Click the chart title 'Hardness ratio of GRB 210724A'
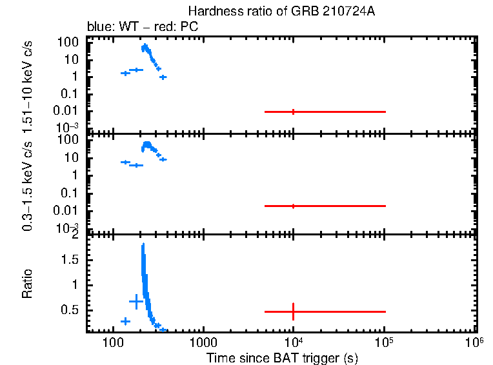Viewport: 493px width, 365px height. tap(282, 12)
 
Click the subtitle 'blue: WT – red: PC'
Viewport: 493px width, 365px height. tap(143, 27)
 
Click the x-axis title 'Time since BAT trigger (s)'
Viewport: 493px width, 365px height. tap(282, 357)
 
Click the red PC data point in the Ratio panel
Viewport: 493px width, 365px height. tap(294, 311)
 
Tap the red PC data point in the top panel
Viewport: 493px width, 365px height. tap(294, 112)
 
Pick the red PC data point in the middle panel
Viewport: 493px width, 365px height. tap(294, 206)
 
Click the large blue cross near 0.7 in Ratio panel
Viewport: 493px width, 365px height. tap(136, 301)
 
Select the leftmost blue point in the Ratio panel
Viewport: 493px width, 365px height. tap(125, 321)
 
